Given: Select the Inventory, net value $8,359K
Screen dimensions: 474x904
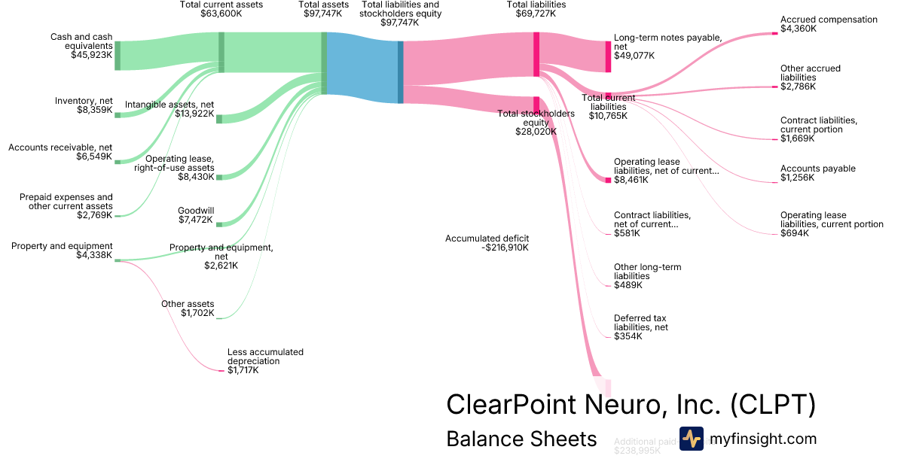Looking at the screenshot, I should [93, 110].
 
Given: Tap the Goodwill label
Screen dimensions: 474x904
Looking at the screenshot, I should [196, 211].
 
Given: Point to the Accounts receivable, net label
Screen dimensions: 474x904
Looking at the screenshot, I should [60, 147].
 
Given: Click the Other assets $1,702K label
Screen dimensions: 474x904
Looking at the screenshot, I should [188, 308].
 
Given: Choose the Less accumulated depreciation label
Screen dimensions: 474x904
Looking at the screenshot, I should [265, 357].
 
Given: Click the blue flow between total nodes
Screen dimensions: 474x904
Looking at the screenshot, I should [362, 68].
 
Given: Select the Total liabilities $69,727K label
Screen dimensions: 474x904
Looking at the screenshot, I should [536, 9].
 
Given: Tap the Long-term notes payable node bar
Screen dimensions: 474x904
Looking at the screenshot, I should [608, 56].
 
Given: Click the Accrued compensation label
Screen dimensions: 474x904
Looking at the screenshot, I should [829, 20].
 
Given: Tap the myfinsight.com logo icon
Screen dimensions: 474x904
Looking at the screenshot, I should [691, 439].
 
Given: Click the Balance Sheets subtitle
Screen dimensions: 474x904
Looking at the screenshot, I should [521, 439].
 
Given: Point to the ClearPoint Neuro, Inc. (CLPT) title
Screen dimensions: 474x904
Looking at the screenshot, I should [631, 404].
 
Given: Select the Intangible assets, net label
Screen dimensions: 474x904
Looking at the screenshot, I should [169, 105].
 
